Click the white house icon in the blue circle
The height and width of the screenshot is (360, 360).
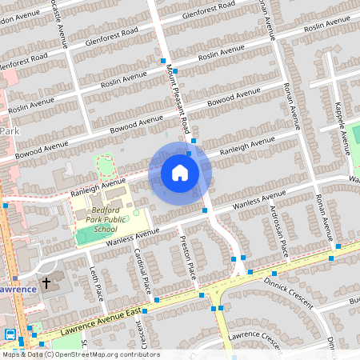180,173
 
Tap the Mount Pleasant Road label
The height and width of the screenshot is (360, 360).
177,100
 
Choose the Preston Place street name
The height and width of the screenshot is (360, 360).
188,256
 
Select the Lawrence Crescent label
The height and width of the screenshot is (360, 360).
254,338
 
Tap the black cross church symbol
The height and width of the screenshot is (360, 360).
46,283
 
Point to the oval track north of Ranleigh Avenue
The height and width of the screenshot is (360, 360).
106,166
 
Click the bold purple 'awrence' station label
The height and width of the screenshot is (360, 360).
18,289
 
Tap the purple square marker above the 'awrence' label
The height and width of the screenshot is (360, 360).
14,278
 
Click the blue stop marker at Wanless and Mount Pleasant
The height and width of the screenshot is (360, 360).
205,210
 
